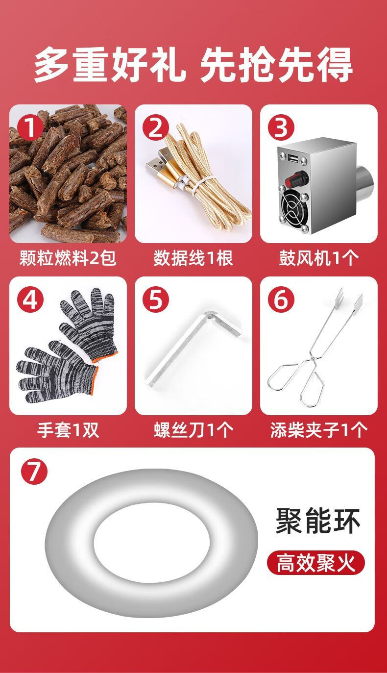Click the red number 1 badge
tap(30, 128)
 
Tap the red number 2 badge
tap(156, 128)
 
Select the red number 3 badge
tap(281, 128)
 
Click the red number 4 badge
tap(30, 300)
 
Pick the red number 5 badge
tap(156, 300)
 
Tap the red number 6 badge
tap(281, 300)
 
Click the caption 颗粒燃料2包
tap(68, 257)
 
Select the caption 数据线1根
tap(193, 257)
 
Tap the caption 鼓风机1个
tap(318, 257)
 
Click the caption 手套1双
tap(68, 430)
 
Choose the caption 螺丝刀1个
tap(193, 430)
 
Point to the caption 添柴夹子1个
tap(318, 430)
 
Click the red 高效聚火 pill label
tap(315, 563)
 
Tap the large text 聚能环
tap(317, 521)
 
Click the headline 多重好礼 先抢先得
tap(193, 64)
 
